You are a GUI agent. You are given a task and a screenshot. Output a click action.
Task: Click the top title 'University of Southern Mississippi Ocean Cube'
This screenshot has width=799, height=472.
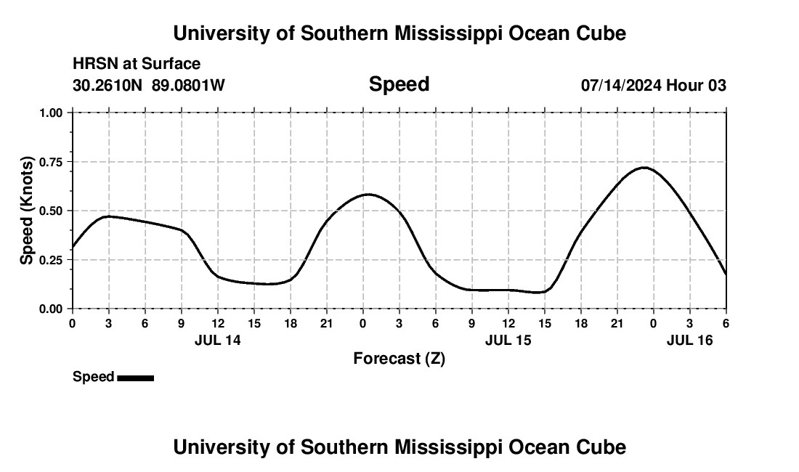click(x=399, y=33)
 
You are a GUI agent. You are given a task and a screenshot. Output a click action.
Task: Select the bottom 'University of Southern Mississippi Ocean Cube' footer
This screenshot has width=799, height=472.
click(x=399, y=447)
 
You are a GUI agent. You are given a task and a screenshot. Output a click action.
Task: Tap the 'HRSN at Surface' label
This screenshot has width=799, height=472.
click(x=137, y=65)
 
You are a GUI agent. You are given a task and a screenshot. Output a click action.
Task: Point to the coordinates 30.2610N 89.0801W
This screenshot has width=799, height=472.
click(x=149, y=86)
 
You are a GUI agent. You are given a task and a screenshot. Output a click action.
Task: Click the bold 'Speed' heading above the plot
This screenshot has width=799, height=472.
click(x=399, y=84)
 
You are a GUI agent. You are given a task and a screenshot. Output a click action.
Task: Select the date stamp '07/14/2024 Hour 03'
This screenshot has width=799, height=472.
click(x=653, y=86)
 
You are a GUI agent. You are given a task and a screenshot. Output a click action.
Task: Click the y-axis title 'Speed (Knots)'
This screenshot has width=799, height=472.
click(x=27, y=211)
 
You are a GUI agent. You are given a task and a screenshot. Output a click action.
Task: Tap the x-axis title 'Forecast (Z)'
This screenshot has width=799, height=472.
click(x=399, y=358)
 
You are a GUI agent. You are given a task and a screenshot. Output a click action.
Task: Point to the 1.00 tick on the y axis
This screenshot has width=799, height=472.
click(x=51, y=113)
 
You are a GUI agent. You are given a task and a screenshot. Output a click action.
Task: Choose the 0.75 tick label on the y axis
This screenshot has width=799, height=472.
click(x=51, y=162)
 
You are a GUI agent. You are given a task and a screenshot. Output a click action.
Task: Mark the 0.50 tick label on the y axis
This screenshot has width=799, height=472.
click(x=51, y=211)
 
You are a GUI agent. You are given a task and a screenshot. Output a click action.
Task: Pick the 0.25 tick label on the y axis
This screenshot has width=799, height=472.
click(x=51, y=260)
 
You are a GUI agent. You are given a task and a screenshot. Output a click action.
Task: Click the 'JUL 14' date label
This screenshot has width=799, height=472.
click(x=218, y=339)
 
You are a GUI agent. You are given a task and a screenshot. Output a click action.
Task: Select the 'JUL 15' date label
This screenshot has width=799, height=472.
click(x=508, y=339)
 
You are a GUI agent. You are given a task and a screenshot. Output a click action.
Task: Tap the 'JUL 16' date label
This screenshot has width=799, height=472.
click(x=690, y=339)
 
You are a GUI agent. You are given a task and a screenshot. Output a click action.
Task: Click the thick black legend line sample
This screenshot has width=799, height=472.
click(x=136, y=378)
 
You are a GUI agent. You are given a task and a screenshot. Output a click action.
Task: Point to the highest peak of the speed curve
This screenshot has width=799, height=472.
click(x=644, y=168)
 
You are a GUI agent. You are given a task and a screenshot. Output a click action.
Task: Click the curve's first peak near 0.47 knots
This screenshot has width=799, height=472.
click(x=109, y=216)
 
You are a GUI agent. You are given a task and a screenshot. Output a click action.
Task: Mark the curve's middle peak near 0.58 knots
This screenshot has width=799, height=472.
click(x=368, y=195)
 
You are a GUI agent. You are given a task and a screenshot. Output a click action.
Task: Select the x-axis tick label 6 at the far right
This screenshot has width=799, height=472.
click(x=726, y=322)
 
